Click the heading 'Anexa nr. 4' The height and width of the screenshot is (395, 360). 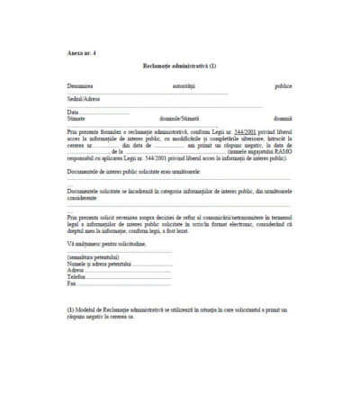tap(81, 53)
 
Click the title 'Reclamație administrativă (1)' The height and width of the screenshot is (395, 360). tap(180, 66)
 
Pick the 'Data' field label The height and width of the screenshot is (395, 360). tap(73, 112)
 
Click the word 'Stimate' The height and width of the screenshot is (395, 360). tap(76, 118)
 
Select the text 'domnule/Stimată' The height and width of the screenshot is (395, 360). tap(179, 118)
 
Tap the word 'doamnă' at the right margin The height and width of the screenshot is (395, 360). tap(283, 118)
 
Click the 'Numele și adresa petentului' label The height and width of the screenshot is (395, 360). tap(99, 263)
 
